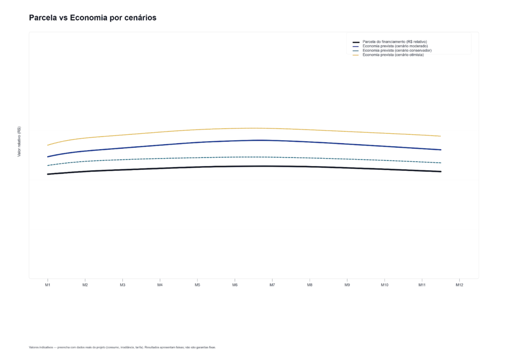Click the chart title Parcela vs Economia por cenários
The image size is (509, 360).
93,18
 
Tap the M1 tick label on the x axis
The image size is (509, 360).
48,285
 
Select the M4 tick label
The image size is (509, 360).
160,285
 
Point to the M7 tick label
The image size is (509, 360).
272,285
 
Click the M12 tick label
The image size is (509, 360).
460,285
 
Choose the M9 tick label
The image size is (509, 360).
347,285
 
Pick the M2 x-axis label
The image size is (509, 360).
85,285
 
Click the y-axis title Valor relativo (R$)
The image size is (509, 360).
19,142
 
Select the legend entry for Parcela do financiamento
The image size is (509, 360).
395,42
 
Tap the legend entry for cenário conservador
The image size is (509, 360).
397,51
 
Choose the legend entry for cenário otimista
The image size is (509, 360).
393,55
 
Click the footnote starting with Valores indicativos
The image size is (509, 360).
122,347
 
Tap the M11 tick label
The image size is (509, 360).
422,285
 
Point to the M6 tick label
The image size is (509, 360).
235,285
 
